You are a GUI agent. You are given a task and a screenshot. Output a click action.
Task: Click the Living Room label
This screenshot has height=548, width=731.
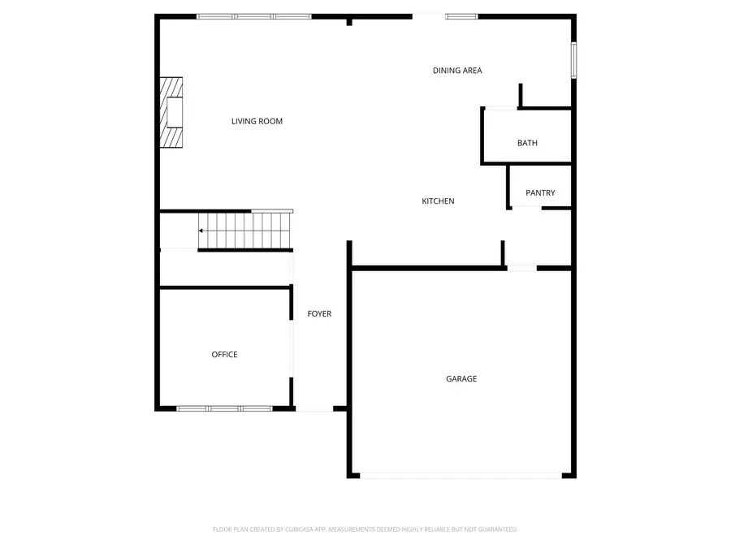coord(257,122)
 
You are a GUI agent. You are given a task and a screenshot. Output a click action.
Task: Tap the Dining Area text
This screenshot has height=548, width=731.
coord(457,71)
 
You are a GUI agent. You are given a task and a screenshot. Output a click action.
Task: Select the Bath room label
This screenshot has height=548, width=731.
coord(527,144)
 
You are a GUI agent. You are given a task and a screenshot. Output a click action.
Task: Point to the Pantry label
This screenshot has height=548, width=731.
coord(540,193)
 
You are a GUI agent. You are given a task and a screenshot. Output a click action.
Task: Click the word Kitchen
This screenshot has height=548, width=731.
coord(438,201)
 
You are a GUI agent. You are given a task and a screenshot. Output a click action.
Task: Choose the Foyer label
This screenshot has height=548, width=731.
coord(318,314)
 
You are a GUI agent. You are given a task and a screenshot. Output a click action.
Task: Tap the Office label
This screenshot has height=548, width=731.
coord(224,355)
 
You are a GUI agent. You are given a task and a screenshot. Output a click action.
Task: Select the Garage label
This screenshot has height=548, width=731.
coord(461,379)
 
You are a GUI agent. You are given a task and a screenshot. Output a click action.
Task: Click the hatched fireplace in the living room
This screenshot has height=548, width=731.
coord(171,113)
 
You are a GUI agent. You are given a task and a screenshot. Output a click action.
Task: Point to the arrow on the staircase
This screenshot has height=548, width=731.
coord(201,231)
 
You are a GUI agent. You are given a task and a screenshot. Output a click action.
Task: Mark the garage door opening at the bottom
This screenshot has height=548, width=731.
coord(461,476)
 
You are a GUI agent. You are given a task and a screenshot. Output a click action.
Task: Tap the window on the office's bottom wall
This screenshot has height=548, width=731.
coord(224,408)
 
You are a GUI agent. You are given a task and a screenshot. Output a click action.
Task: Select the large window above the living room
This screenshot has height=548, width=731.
coord(254,15)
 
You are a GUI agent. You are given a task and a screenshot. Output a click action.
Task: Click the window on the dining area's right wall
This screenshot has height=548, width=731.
coord(574,60)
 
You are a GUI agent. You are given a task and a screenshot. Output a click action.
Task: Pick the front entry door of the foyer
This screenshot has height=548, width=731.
coord(314,408)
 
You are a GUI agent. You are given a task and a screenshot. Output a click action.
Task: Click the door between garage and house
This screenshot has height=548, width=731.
coord(521,267)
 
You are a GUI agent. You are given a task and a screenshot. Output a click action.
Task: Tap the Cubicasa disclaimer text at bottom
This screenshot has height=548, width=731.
coord(365,529)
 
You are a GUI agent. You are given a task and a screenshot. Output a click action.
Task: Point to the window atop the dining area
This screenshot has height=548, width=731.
coord(461,15)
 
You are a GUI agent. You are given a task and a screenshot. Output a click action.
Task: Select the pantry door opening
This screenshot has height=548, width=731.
coord(526,208)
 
